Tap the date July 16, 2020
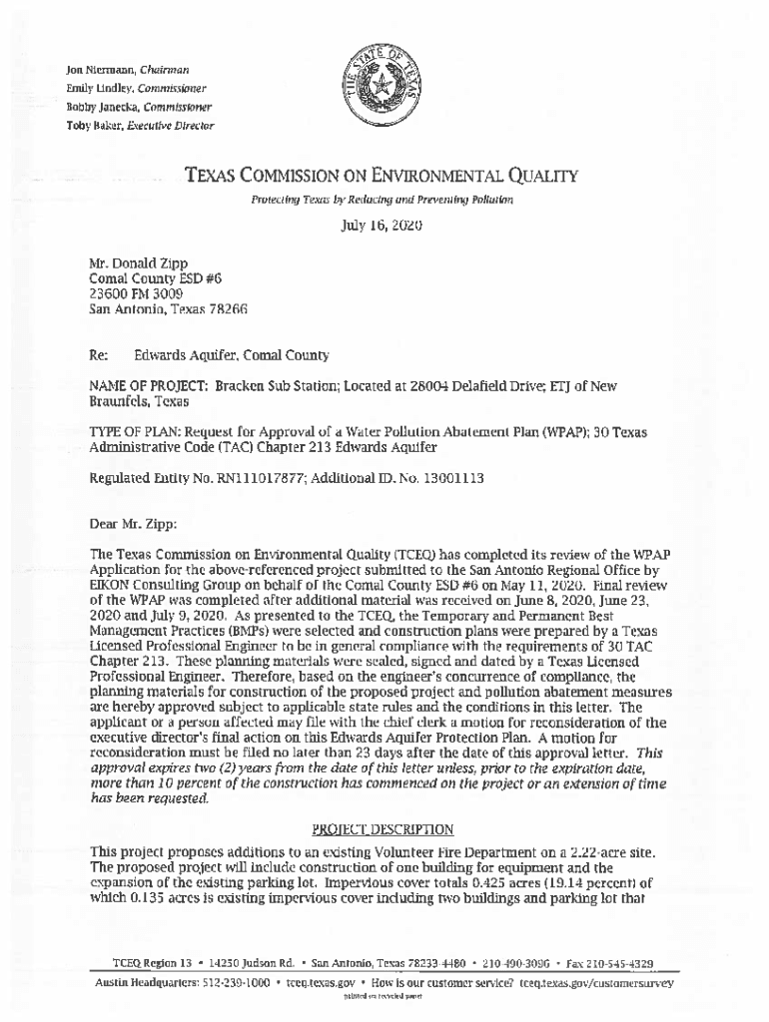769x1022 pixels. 383,226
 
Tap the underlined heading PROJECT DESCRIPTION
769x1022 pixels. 383,829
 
